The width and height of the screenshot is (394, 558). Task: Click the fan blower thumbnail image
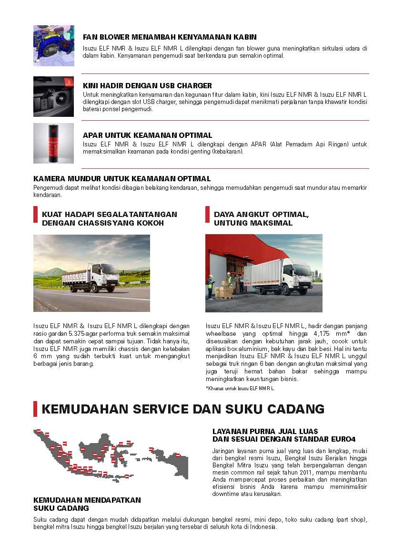53,46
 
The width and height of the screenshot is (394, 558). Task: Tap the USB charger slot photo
53,96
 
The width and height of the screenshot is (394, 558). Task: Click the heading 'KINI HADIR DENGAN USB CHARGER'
147,86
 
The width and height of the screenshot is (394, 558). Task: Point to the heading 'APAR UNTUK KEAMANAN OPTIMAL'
147,135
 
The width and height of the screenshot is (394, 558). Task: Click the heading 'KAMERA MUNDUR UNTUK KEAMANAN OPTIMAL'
122,179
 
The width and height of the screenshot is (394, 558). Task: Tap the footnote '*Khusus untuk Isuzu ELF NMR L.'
240,388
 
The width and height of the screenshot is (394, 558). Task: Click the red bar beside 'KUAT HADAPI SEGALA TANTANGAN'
35,215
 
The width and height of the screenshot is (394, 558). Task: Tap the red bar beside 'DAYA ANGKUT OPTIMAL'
207,215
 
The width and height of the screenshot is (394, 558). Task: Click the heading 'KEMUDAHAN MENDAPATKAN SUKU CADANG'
87,504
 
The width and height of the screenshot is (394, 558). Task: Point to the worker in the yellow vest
210,286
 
